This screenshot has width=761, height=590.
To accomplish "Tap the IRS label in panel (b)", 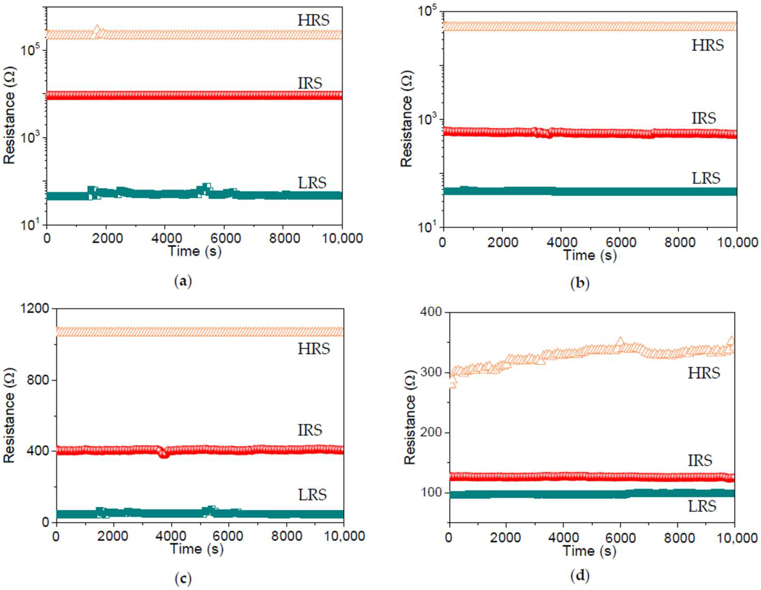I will coord(704,118).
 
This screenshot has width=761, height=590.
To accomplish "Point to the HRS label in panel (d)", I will coord(704,373).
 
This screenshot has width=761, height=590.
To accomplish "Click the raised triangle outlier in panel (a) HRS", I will coord(97,29).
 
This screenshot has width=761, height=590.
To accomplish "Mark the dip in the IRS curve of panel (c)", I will coord(164,454).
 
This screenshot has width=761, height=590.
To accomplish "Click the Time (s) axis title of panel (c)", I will coord(197,549).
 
